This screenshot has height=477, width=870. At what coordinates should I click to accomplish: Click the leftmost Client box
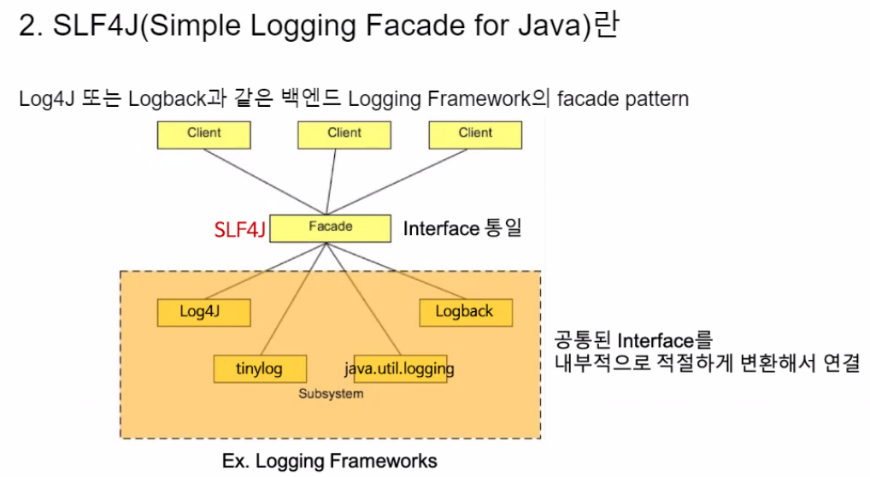pos(203,134)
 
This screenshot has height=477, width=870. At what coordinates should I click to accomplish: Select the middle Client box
pos(344,134)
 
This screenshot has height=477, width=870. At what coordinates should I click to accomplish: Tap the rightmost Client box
pos(475,134)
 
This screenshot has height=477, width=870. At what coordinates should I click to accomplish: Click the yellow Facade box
pos(330,227)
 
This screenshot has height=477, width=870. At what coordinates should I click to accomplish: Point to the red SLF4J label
pos(239,229)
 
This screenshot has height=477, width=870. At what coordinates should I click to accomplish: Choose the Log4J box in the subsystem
pos(203,312)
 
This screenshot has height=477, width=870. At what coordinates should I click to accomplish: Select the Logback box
pos(465,312)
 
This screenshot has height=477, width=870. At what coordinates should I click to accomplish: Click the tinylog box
pos(259,369)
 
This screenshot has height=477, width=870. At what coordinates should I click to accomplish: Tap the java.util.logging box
pos(399,369)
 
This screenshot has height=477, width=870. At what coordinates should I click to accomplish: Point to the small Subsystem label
pos(331,394)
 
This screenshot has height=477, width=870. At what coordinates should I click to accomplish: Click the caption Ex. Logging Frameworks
pos(329,461)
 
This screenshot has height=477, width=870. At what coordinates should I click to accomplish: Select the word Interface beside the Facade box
pos(440,229)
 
